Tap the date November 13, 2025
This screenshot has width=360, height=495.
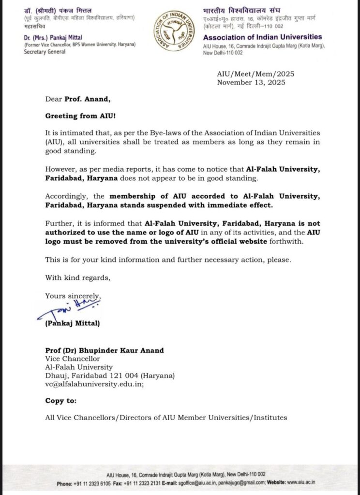coord(251,82)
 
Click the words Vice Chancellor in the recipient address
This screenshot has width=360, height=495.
coord(72,359)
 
